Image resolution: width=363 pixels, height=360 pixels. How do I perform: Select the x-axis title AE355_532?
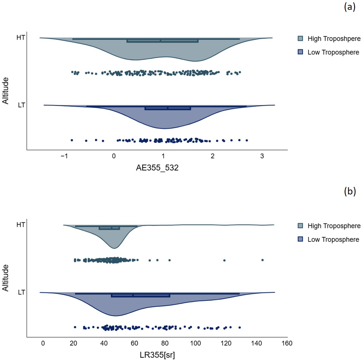click(157, 168)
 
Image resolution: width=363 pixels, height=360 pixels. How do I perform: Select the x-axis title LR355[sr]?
click(157, 355)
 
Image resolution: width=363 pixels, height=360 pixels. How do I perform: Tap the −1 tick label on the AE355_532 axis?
click(64, 156)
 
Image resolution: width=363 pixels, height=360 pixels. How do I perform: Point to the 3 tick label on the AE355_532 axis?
click(262, 156)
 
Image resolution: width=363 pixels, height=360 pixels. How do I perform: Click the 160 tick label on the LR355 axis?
click(287, 344)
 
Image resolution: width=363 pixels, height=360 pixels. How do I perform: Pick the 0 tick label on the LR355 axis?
click(43, 344)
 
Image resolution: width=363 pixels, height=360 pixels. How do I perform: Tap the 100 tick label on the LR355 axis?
click(196, 344)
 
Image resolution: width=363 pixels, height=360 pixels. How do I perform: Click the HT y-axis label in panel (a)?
click(21, 38)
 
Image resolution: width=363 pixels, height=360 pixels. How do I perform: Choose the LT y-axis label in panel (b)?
click(21, 292)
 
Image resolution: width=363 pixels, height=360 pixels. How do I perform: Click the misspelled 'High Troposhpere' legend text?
click(334, 39)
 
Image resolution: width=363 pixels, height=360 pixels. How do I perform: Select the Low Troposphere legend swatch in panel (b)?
click(300, 239)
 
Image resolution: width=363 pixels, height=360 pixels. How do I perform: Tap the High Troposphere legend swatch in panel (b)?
click(300, 226)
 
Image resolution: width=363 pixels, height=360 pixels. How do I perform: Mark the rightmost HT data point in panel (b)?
click(262, 260)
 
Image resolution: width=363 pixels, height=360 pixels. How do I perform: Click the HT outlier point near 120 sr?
click(224, 260)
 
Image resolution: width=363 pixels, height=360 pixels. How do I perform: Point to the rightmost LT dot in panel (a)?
click(247, 140)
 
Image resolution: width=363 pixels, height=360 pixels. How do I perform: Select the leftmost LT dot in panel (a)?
click(72, 140)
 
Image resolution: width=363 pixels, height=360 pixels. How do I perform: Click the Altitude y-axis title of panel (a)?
click(6, 90)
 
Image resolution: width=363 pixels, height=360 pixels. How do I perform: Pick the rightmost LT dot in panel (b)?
click(240, 327)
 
